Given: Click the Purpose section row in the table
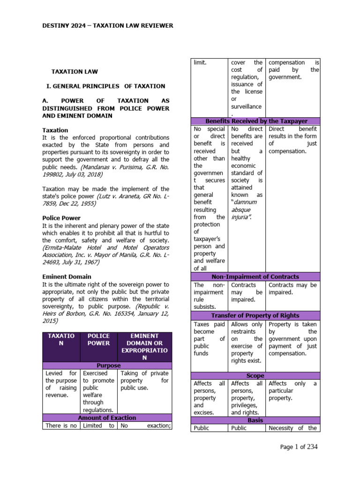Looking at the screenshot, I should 108,365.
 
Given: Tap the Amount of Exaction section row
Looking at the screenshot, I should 108,418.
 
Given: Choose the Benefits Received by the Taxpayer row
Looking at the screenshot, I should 256,121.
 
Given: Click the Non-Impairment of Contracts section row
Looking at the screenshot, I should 256,277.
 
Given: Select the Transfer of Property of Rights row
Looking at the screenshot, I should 256,315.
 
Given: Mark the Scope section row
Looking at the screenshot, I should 256,375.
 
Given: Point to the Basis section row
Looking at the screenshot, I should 256,420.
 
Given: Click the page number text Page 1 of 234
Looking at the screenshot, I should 299,447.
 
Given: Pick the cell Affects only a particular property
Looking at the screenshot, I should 292,391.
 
